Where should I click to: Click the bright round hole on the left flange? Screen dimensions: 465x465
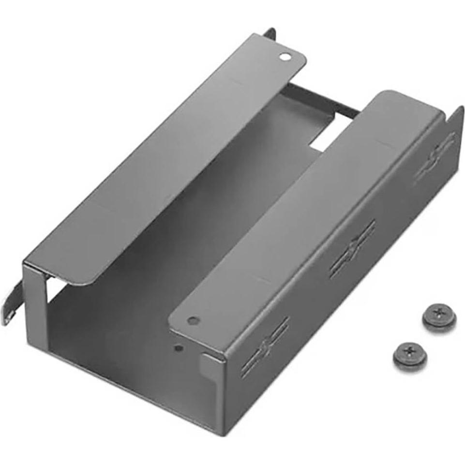285,57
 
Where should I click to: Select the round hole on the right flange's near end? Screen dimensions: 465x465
193,320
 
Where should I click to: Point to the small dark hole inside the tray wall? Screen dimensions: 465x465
179,347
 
